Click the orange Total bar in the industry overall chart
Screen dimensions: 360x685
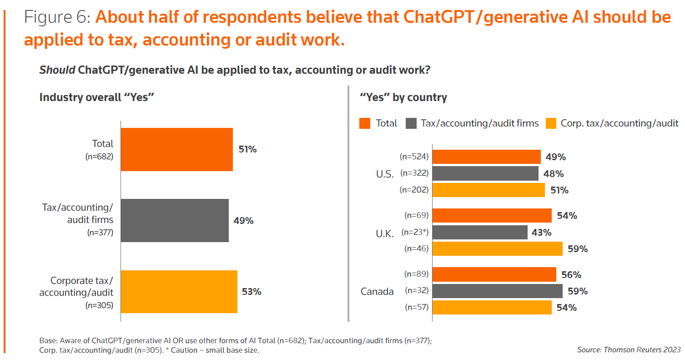[x=176, y=149]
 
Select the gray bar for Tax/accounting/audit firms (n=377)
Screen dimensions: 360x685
[x=175, y=220]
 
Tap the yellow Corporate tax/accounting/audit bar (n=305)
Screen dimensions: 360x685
[x=179, y=292]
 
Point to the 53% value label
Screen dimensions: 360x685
[x=252, y=292]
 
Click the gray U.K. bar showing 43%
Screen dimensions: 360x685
[x=480, y=233]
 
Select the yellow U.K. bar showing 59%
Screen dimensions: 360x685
[x=498, y=249]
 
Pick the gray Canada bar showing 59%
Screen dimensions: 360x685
[x=498, y=291]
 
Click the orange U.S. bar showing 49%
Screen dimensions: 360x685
[x=486, y=157]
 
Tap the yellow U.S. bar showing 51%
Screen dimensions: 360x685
[x=489, y=190]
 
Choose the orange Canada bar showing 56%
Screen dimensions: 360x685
[x=494, y=275]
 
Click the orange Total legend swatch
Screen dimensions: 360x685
[x=365, y=123]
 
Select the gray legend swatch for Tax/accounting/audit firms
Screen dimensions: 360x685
[x=411, y=123]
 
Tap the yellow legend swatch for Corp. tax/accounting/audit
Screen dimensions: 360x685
[x=551, y=123]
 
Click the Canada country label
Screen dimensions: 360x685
[x=377, y=291]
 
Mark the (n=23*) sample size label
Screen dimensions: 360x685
[x=415, y=233]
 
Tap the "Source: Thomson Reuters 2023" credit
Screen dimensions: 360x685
[x=629, y=350]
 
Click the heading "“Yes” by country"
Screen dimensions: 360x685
[x=403, y=97]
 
